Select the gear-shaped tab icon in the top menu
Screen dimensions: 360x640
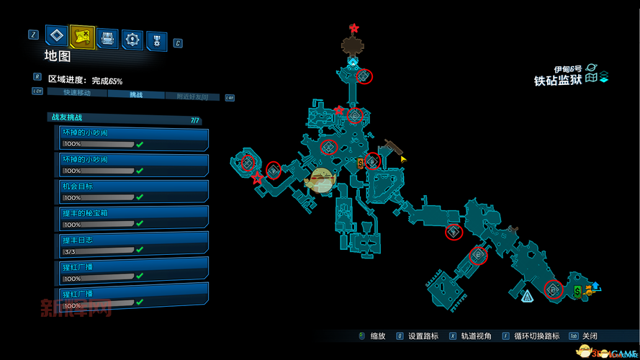132,38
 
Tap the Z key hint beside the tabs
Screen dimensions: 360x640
33,34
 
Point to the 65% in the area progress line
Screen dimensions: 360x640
115,81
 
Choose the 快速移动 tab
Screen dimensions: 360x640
77,95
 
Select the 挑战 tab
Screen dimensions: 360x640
136,95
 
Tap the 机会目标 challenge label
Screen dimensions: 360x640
78,186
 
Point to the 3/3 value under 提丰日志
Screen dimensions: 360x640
71,251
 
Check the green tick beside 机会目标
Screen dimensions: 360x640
140,197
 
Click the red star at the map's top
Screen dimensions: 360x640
354,28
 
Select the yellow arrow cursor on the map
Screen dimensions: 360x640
403,158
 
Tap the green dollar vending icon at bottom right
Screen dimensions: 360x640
577,291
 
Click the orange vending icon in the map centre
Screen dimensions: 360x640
360,164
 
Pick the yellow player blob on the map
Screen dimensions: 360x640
320,180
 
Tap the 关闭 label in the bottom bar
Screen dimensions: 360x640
590,336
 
